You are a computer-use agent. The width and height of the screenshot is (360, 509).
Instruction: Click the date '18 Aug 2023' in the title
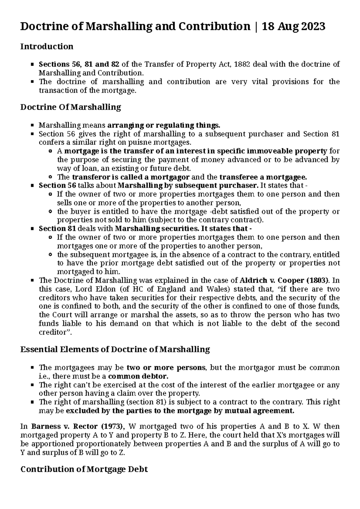tap(294, 27)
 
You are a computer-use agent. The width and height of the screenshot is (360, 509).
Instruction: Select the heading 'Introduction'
tap(46, 46)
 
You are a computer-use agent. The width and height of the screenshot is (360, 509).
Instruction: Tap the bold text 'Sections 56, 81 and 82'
tap(79, 64)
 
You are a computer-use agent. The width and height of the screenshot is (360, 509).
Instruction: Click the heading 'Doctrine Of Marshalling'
tap(70, 107)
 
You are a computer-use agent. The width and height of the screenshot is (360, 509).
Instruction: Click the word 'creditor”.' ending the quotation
tap(56, 332)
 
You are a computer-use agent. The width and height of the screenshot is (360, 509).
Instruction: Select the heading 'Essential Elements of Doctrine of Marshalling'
tap(115, 349)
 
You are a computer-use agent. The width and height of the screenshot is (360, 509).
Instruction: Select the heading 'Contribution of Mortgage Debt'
tap(84, 469)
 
